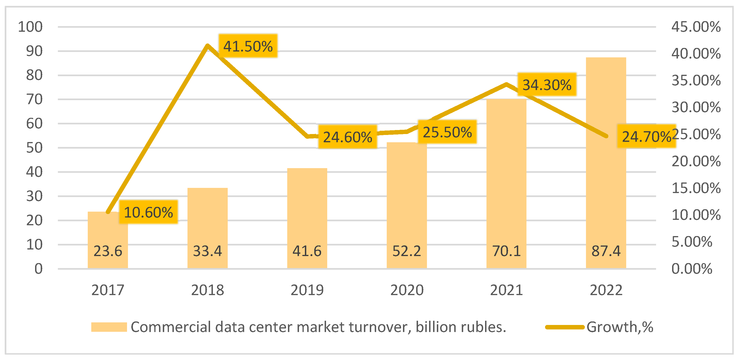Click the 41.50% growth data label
click(248, 46)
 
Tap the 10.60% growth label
click(148, 212)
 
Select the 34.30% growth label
click(547, 85)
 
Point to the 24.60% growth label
click(347, 137)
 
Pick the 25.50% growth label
click(447, 132)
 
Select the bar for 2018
click(207, 228)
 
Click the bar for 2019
click(307, 218)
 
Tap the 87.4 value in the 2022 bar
click(606, 251)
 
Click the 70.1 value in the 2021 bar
click(506, 251)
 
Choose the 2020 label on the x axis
click(407, 290)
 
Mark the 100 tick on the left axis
click(30, 27)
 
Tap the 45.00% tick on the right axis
click(696, 27)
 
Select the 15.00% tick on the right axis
click(696, 188)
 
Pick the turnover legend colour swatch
click(109, 327)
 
